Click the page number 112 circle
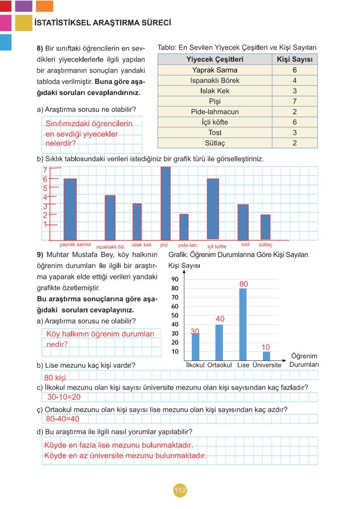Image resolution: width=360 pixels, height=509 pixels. pyautogui.click(x=180, y=491)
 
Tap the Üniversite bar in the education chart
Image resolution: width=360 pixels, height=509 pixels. pyautogui.click(x=266, y=355)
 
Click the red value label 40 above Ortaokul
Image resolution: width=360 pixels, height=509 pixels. pyautogui.click(x=220, y=319)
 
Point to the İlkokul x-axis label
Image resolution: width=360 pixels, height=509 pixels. pyautogui.click(x=195, y=365)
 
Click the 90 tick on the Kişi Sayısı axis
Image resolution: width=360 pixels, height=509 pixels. pyautogui.click(x=175, y=279)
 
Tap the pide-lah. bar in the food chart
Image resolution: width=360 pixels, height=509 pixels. pyautogui.click(x=184, y=227)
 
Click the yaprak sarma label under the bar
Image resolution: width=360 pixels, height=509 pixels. pyautogui.click(x=75, y=245)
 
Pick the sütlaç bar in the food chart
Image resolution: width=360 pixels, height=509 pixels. pyautogui.click(x=266, y=227)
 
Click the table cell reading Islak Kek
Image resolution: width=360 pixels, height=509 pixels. pyautogui.click(x=215, y=91)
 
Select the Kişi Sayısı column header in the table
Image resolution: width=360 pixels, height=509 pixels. pyautogui.click(x=294, y=60)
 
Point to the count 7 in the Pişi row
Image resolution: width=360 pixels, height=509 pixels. pyautogui.click(x=294, y=101)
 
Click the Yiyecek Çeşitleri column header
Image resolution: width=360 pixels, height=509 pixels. pyautogui.click(x=215, y=60)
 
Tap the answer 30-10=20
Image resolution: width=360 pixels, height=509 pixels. pyautogui.click(x=64, y=397)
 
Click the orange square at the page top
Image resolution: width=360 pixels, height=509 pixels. pyautogui.click(x=45, y=6)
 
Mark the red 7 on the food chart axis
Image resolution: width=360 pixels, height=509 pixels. pyautogui.click(x=45, y=170)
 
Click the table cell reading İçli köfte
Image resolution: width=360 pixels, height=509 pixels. pyautogui.click(x=215, y=122)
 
